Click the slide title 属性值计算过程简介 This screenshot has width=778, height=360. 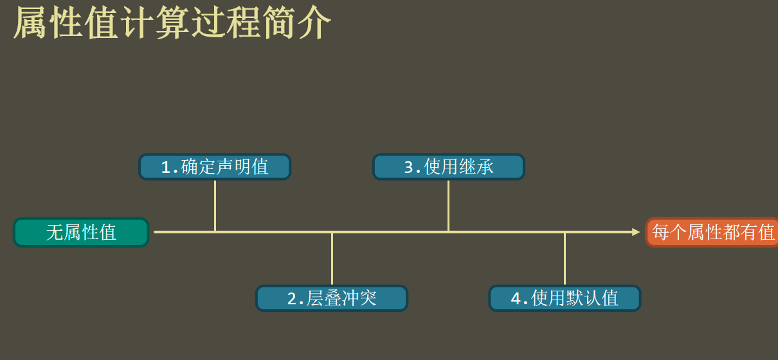pyautogui.click(x=172, y=23)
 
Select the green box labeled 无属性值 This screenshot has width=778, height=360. pyautogui.click(x=81, y=232)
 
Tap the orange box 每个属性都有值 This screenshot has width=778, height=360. pyautogui.click(x=712, y=232)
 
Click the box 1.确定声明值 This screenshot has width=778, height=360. pyautogui.click(x=215, y=166)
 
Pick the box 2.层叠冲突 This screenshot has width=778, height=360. pyautogui.click(x=332, y=298)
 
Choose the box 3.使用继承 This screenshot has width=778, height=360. pyautogui.click(x=449, y=166)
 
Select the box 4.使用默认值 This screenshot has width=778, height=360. pyautogui.click(x=565, y=298)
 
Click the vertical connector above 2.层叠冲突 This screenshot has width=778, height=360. pyautogui.click(x=332, y=258)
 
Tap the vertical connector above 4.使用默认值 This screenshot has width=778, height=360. pyautogui.click(x=565, y=258)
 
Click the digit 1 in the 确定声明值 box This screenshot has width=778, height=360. pyautogui.click(x=166, y=167)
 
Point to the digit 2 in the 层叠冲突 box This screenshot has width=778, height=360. pyautogui.click(x=291, y=299)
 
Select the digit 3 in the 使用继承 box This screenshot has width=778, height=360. pyautogui.click(x=408, y=167)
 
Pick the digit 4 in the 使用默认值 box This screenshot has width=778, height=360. pyautogui.click(x=515, y=299)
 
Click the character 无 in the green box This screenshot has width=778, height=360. pyautogui.click(x=54, y=232)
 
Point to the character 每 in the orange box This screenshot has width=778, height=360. pyautogui.click(x=661, y=232)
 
